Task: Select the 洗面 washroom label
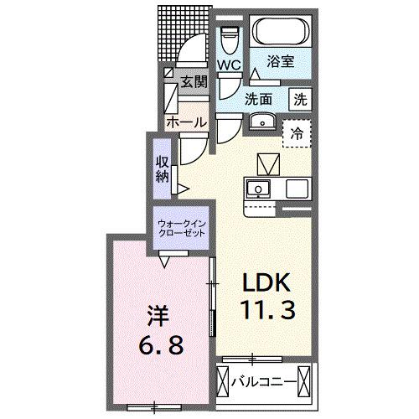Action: (x=259, y=98)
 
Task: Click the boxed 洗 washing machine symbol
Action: (x=298, y=99)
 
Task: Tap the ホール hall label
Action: (x=186, y=122)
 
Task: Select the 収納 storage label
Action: (x=163, y=167)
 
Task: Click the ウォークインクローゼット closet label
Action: (x=184, y=227)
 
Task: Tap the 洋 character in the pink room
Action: (x=158, y=316)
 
